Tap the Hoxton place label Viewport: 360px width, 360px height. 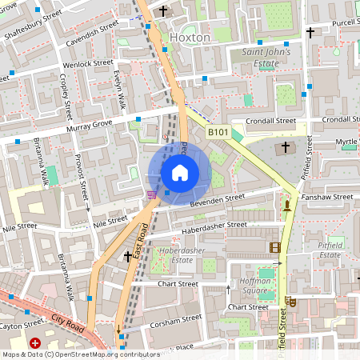tap(190, 37)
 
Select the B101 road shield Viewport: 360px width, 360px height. tap(218, 132)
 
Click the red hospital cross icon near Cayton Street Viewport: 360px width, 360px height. tap(35, 343)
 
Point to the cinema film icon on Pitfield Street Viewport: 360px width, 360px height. tap(275, 247)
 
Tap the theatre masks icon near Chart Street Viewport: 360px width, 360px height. tap(292, 302)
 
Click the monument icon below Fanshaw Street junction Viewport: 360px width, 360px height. tap(286, 206)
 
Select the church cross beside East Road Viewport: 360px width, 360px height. tap(127, 256)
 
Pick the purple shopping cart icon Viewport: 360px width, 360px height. tap(151, 194)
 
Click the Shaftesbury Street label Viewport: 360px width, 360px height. tap(32, 26)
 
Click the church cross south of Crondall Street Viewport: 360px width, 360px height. tap(286, 148)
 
